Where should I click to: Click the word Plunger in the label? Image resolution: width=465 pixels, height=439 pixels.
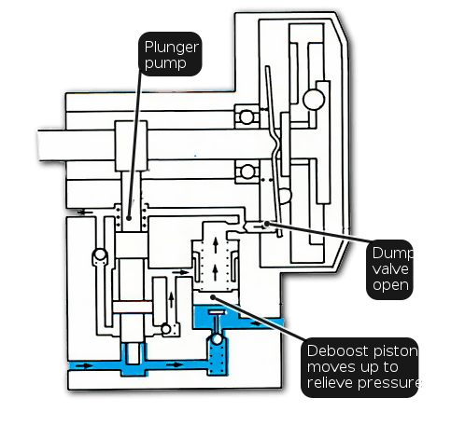coord(172,48)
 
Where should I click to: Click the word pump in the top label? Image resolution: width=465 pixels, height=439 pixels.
coord(165,63)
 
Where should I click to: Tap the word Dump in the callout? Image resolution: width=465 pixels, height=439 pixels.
coord(392,254)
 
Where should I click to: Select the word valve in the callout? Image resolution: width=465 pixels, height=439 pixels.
coord(390,268)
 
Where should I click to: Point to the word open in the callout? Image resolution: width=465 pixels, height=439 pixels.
coord(390,285)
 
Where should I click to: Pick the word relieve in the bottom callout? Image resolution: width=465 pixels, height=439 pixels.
coord(331,382)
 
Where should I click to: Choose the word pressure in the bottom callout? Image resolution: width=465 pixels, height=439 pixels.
coord(389,383)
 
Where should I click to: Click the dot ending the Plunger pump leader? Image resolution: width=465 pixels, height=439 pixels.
coord(129,218)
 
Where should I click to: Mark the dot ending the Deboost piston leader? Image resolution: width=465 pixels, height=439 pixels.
coord(213,297)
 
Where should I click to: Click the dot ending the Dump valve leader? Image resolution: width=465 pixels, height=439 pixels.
coord(267,224)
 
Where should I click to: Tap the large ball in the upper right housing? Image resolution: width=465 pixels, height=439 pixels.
coord(314,100)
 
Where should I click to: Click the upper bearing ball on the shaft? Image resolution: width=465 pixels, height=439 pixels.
coord(247,117)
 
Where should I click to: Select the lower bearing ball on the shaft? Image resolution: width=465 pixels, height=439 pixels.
coord(247,171)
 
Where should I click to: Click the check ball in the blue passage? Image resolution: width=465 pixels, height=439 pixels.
coord(217,339)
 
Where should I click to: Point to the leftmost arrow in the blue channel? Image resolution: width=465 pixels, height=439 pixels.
coord(84,365)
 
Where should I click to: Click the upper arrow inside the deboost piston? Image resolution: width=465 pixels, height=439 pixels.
coord(216,244)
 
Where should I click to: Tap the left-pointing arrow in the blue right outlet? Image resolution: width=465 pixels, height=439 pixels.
coord(257,323)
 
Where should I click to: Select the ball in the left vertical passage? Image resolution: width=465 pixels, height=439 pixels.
coord(100,254)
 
